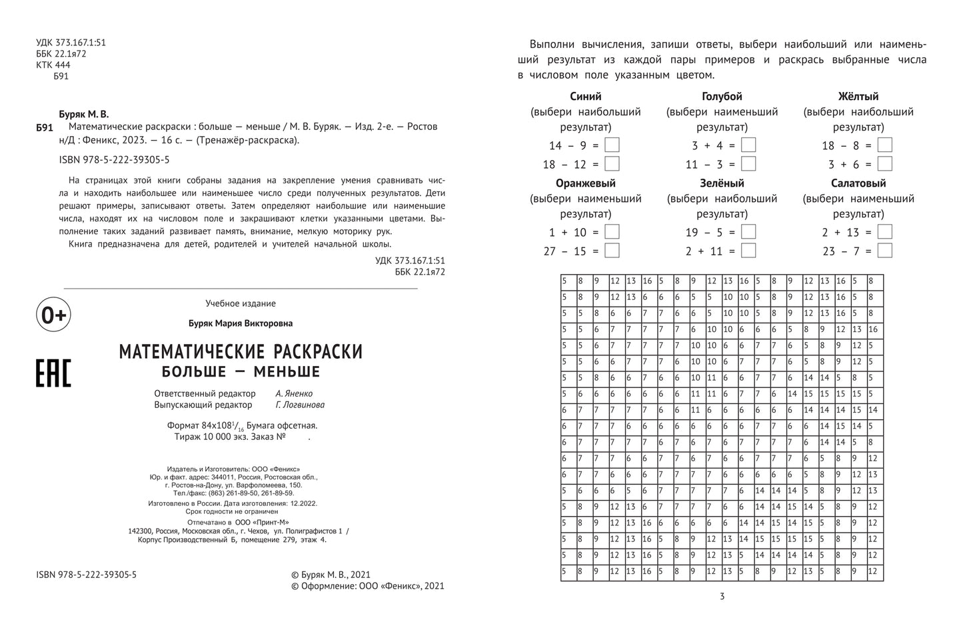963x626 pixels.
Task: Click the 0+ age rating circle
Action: (53, 315)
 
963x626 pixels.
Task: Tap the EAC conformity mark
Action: (53, 372)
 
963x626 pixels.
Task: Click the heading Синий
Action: (585, 97)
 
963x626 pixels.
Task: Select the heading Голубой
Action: (722, 97)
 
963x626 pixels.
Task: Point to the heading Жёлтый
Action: (858, 97)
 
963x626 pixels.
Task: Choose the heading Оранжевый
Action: (585, 183)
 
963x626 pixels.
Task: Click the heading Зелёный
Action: (722, 183)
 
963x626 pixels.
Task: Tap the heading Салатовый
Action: (858, 183)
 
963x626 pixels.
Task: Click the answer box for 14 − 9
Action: (612, 145)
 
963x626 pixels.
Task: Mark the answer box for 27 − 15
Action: (612, 250)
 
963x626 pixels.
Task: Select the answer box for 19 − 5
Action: (748, 231)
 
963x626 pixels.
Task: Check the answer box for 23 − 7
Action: (885, 250)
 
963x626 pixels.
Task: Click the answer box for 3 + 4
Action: (748, 145)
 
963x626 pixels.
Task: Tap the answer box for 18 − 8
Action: (885, 145)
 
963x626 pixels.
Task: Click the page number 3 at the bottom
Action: (722, 597)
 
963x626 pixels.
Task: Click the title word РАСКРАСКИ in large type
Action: (307, 351)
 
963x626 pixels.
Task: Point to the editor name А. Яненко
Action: (294, 393)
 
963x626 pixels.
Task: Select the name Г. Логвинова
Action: (300, 405)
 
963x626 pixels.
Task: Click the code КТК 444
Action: (53, 65)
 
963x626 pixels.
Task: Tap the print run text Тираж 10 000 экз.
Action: (214, 437)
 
